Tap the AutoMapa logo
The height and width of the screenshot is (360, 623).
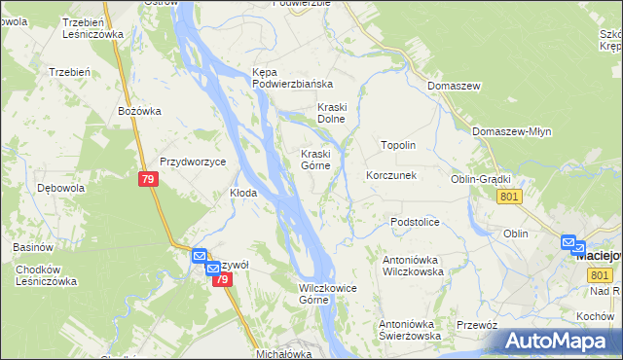coord(560,341)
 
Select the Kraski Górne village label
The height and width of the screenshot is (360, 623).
coord(320,160)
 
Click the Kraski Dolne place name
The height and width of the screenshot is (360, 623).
coord(332,113)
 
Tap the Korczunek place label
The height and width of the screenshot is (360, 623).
coord(391,176)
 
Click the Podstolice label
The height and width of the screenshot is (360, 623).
coord(416,223)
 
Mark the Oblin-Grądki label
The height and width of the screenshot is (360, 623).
coord(481,179)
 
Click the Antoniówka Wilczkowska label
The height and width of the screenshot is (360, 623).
coord(413,266)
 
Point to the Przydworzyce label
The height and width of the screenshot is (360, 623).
coord(193,162)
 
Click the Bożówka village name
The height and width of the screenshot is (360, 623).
coord(138,111)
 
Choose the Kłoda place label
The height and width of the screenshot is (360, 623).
coord(242,193)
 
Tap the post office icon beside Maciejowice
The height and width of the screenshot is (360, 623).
coord(570,242)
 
